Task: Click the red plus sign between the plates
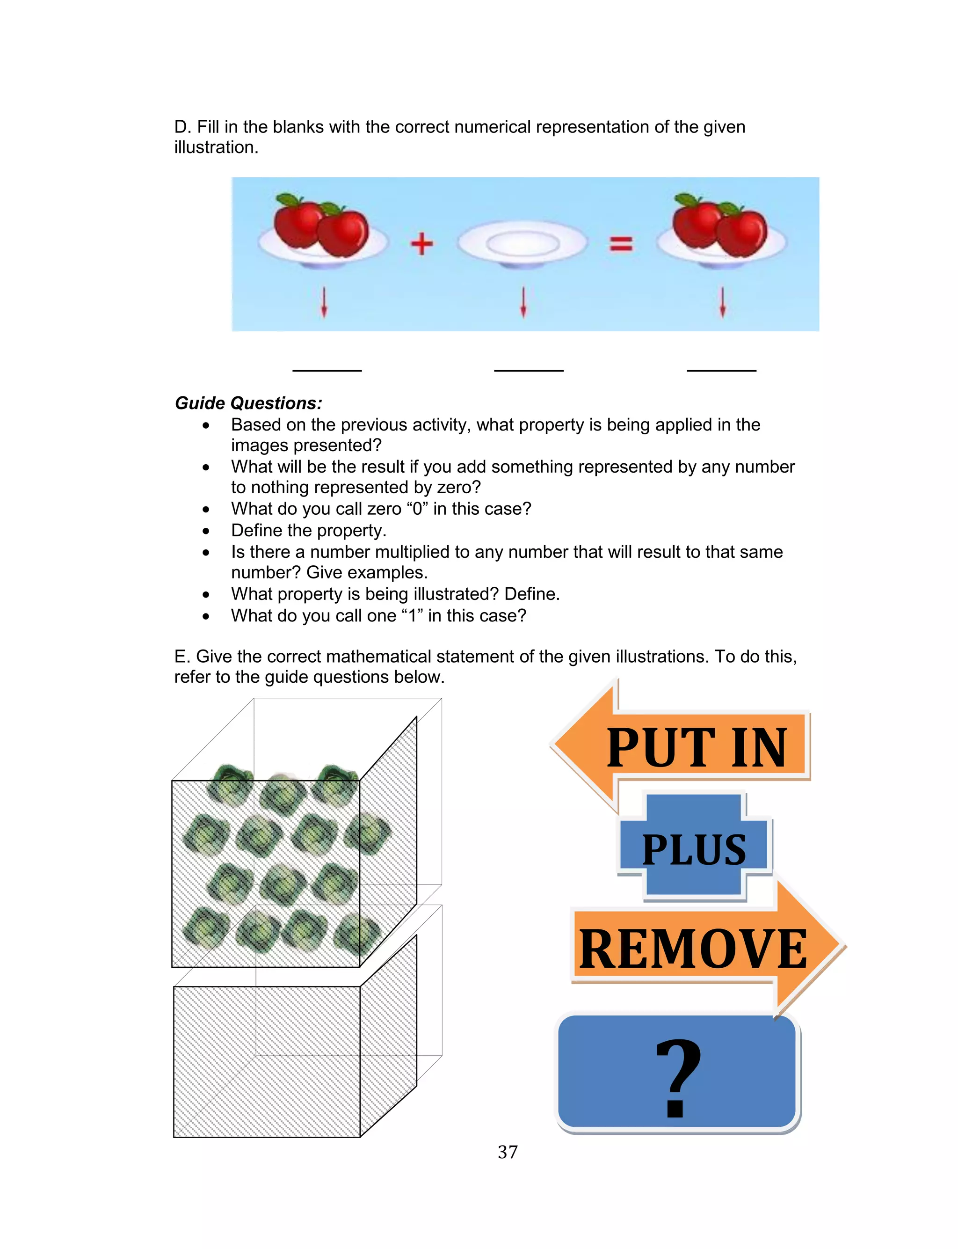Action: point(421,244)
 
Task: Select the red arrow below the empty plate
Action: point(523,302)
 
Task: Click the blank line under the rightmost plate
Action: point(721,370)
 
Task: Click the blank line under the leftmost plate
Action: point(327,370)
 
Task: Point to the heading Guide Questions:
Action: point(248,403)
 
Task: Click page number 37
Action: point(507,1152)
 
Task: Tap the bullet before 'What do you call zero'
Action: point(206,509)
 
